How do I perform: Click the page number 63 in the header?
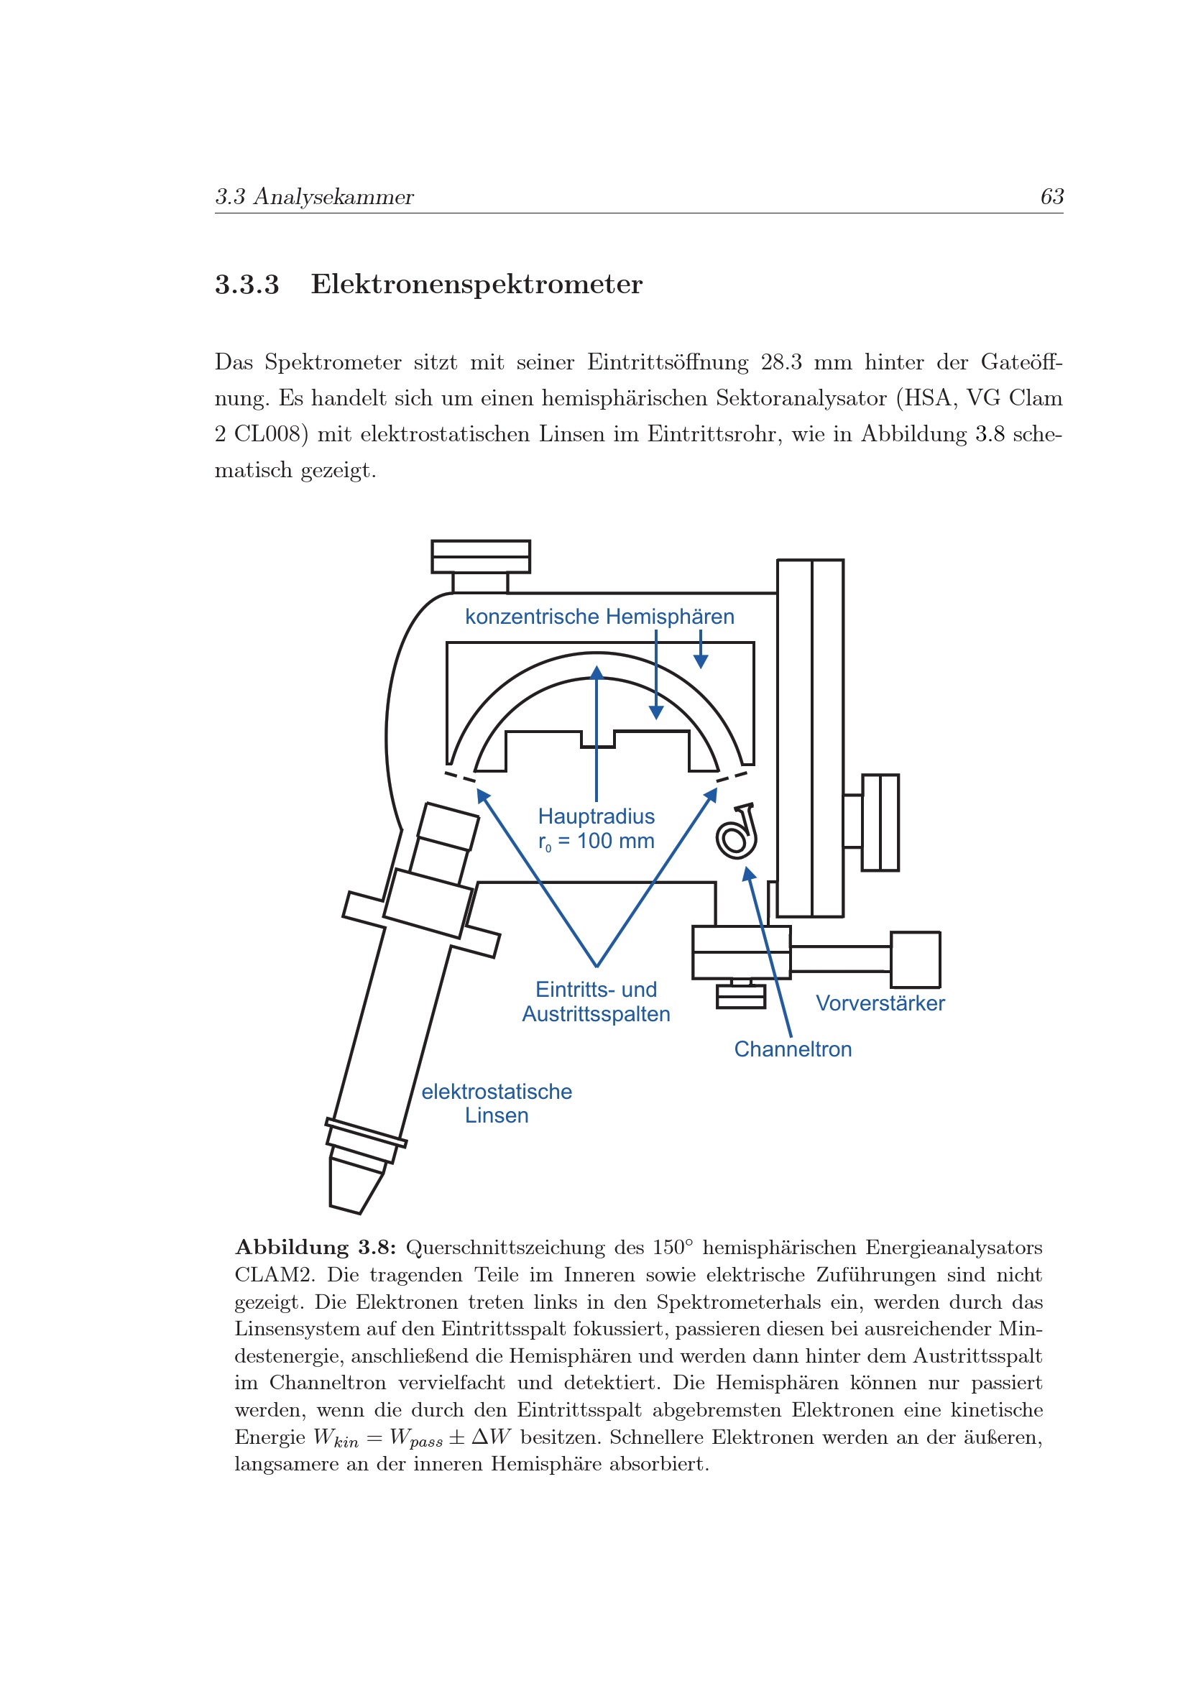[1052, 196]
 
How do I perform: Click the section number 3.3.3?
[247, 284]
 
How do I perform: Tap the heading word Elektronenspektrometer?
[476, 284]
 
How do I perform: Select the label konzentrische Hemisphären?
[599, 617]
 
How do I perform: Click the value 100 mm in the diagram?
[616, 841]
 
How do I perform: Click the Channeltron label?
[793, 1049]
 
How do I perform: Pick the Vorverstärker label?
[880, 1003]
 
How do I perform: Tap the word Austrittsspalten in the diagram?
[596, 1014]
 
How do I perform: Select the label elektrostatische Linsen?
[497, 1103]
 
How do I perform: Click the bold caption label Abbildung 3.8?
[316, 1247]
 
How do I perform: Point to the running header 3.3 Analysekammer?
[314, 197]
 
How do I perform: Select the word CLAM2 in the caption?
[275, 1275]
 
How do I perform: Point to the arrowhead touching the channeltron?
[747, 873]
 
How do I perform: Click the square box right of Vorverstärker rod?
[915, 960]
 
